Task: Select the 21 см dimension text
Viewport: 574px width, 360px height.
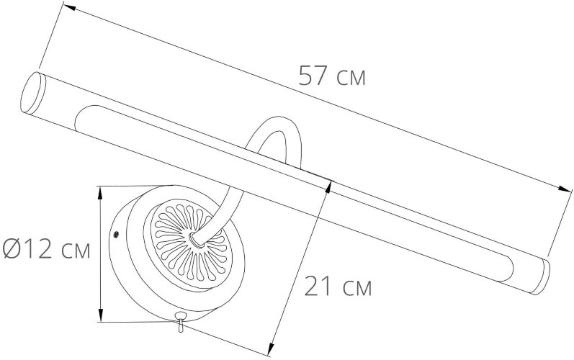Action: click(338, 288)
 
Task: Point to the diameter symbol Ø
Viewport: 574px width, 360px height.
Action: click(12, 251)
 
